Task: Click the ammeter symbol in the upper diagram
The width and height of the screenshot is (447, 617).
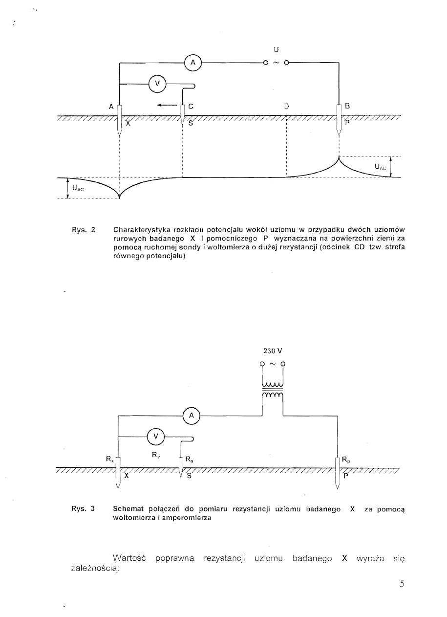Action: pyautogui.click(x=193, y=63)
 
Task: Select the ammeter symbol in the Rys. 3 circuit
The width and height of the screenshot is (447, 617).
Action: pyautogui.click(x=192, y=416)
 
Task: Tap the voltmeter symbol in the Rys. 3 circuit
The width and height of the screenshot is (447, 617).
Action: pyautogui.click(x=156, y=436)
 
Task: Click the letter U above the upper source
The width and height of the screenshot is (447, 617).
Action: pyautogui.click(x=277, y=49)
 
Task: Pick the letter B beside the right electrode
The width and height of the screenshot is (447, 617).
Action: pyautogui.click(x=347, y=106)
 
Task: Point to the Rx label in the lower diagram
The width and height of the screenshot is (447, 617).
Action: pyautogui.click(x=110, y=459)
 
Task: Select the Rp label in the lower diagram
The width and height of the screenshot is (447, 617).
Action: pyautogui.click(x=346, y=459)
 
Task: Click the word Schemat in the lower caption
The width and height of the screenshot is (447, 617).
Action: pyautogui.click(x=128, y=509)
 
